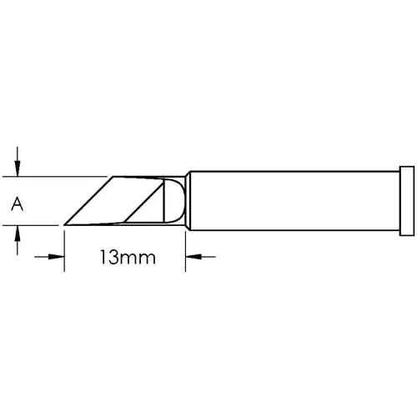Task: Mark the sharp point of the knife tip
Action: (x=66, y=224)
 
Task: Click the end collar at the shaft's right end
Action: (x=406, y=200)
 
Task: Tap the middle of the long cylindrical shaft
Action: (x=292, y=200)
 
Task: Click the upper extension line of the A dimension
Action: (x=58, y=177)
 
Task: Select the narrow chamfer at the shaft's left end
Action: (x=188, y=200)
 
